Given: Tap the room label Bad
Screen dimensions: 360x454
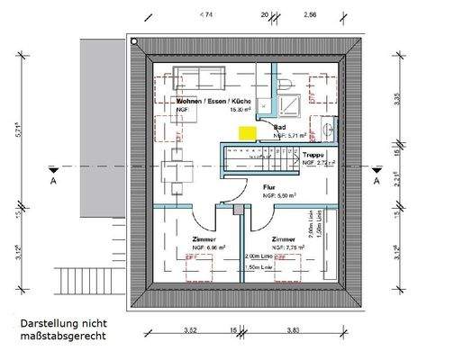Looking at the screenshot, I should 280,129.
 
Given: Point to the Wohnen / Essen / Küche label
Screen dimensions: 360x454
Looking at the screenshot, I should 202,103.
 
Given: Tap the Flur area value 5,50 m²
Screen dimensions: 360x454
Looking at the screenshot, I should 275,195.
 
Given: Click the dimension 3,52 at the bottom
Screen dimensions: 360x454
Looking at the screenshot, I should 189,330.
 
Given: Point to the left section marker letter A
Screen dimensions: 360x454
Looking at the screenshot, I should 53,180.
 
